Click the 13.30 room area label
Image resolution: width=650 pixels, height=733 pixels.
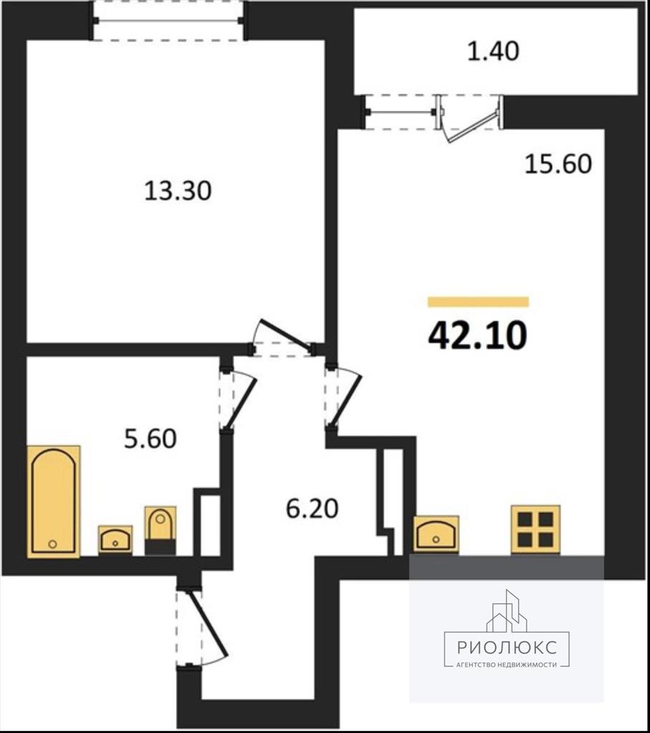pos(178,190)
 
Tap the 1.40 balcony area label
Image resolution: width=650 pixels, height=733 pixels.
pos(493,51)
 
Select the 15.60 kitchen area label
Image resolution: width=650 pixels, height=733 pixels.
pos(558,164)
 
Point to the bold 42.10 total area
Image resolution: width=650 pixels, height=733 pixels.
pos(477,335)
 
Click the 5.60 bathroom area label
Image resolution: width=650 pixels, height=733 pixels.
pos(150,439)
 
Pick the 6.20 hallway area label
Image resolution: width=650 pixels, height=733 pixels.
pos(312,509)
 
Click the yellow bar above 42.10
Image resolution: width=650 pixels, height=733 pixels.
pos(478,302)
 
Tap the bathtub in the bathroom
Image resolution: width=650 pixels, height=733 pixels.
pos(54,501)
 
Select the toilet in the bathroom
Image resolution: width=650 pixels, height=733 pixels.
pos(160,530)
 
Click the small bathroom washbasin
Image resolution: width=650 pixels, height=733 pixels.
pos(115,540)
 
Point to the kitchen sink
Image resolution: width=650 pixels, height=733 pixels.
pos(436,534)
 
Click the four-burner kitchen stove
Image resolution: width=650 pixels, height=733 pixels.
pos(535,529)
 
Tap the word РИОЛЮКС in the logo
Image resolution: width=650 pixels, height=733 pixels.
pos(507,647)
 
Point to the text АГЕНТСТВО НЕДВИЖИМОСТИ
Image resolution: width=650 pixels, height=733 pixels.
pos(507,665)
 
